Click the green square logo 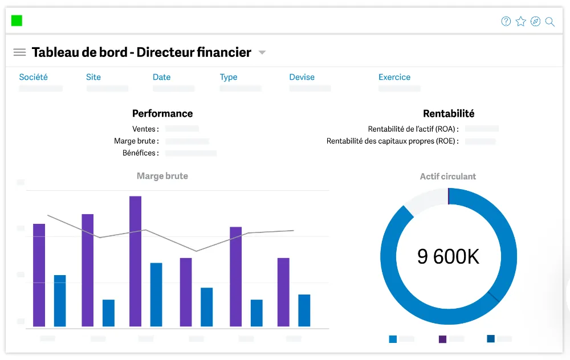point(17,21)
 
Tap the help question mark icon point(506,22)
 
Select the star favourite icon point(521,22)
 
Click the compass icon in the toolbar point(535,22)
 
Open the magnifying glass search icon point(550,22)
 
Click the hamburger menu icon point(19,52)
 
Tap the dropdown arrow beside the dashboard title point(262,52)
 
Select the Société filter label point(34,77)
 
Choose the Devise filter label point(302,77)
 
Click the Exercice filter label point(394,77)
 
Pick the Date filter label point(162,77)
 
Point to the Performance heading point(162,113)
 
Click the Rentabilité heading point(449,113)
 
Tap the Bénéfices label point(141,153)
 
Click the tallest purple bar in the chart point(135,261)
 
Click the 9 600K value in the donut point(448,256)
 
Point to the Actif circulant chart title point(448,177)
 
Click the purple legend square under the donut point(442,339)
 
